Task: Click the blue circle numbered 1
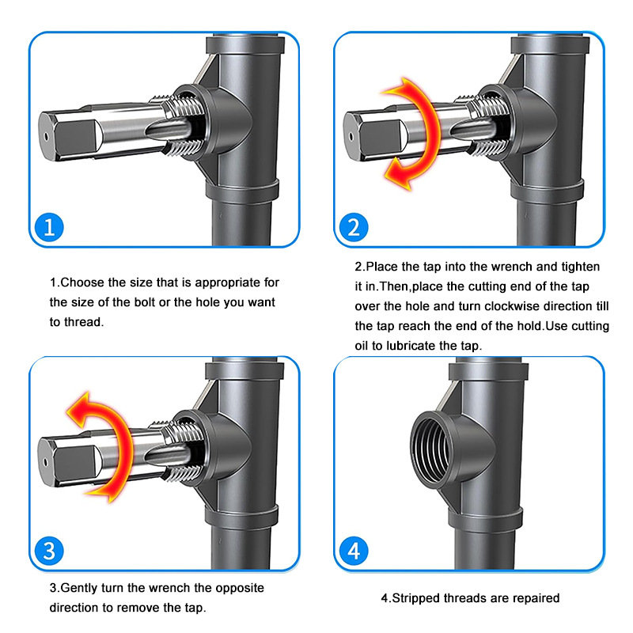[x=49, y=227]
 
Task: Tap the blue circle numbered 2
[x=354, y=227]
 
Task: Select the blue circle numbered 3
[x=49, y=551]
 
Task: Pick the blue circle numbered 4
[x=354, y=551]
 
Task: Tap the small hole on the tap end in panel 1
[x=46, y=137]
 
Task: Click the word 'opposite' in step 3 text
[x=240, y=588]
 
